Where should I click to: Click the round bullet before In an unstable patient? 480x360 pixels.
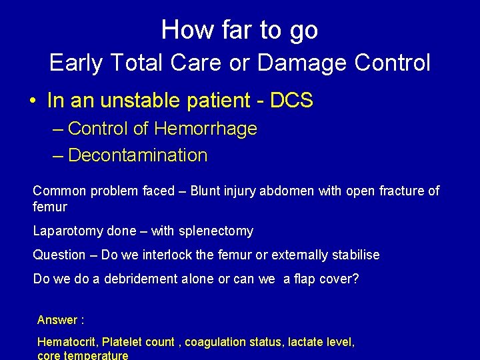(x=32, y=101)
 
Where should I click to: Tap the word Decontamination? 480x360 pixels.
(x=138, y=155)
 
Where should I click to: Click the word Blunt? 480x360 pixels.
(x=205, y=191)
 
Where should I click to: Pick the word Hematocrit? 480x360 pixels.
(x=67, y=342)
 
